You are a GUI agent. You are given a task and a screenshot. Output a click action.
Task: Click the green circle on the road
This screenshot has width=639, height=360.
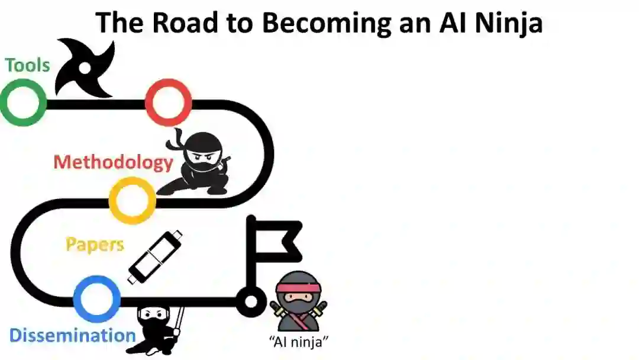23,102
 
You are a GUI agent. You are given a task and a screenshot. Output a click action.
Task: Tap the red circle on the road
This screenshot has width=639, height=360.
169,102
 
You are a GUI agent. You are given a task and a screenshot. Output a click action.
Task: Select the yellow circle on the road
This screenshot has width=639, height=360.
133,200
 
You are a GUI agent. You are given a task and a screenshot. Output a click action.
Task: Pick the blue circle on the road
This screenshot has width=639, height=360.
98,299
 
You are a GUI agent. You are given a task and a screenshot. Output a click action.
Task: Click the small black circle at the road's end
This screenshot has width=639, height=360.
251,301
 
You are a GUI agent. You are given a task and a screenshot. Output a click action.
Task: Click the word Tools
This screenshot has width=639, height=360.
28,65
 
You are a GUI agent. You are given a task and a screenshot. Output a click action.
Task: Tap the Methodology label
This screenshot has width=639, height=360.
113,162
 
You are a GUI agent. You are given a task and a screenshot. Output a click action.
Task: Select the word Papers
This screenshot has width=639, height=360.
95,245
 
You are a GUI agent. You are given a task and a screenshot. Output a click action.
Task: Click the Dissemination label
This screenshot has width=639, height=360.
72,336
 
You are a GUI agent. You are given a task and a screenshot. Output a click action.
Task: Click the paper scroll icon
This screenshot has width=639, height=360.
155,257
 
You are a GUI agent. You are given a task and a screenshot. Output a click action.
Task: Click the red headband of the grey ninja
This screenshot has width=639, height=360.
299,288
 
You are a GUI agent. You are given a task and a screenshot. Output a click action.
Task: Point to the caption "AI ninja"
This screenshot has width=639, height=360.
299,342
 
